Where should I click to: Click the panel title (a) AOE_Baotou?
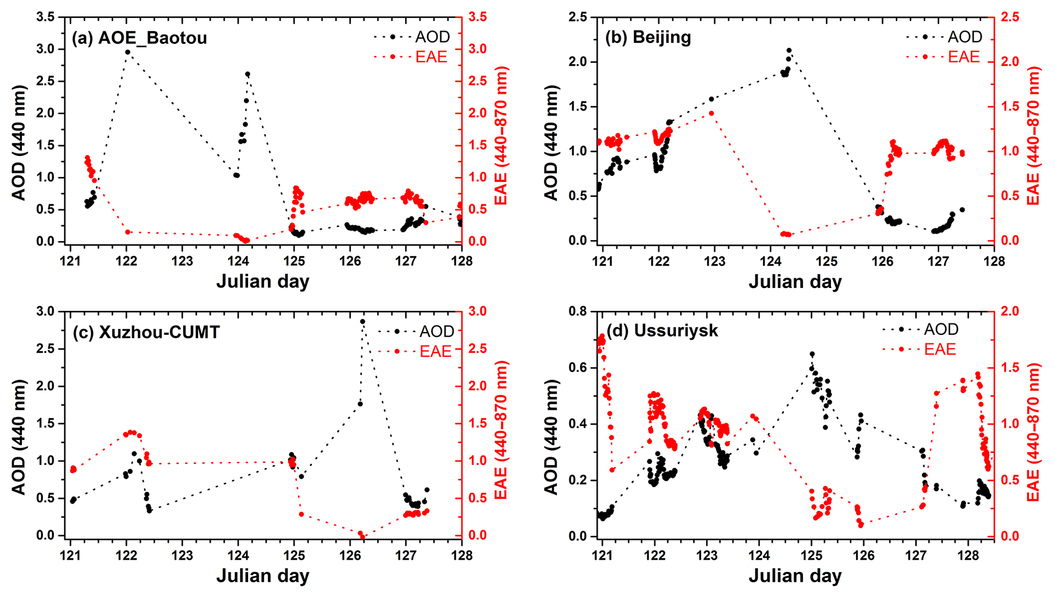click(139, 38)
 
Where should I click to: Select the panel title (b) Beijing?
click(648, 37)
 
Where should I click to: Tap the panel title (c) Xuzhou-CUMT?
click(146, 332)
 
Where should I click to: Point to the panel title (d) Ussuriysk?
click(663, 330)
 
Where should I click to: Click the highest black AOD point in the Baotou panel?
click(128, 52)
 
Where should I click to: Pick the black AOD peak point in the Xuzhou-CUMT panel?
click(362, 322)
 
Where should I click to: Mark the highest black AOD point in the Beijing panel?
click(789, 50)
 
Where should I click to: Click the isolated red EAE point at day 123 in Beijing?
click(711, 114)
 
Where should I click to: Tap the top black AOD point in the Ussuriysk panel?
click(812, 354)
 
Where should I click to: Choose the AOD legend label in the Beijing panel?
click(965, 37)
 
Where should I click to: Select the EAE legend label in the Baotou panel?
click(431, 57)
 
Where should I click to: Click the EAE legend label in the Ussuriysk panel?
click(940, 349)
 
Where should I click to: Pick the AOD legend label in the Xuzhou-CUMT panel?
click(436, 331)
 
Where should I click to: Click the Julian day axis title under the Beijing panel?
click(795, 281)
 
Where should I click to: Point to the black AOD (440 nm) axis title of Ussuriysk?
click(551, 436)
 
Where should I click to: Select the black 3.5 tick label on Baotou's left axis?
click(46, 17)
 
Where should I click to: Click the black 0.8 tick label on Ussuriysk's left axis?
click(578, 311)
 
